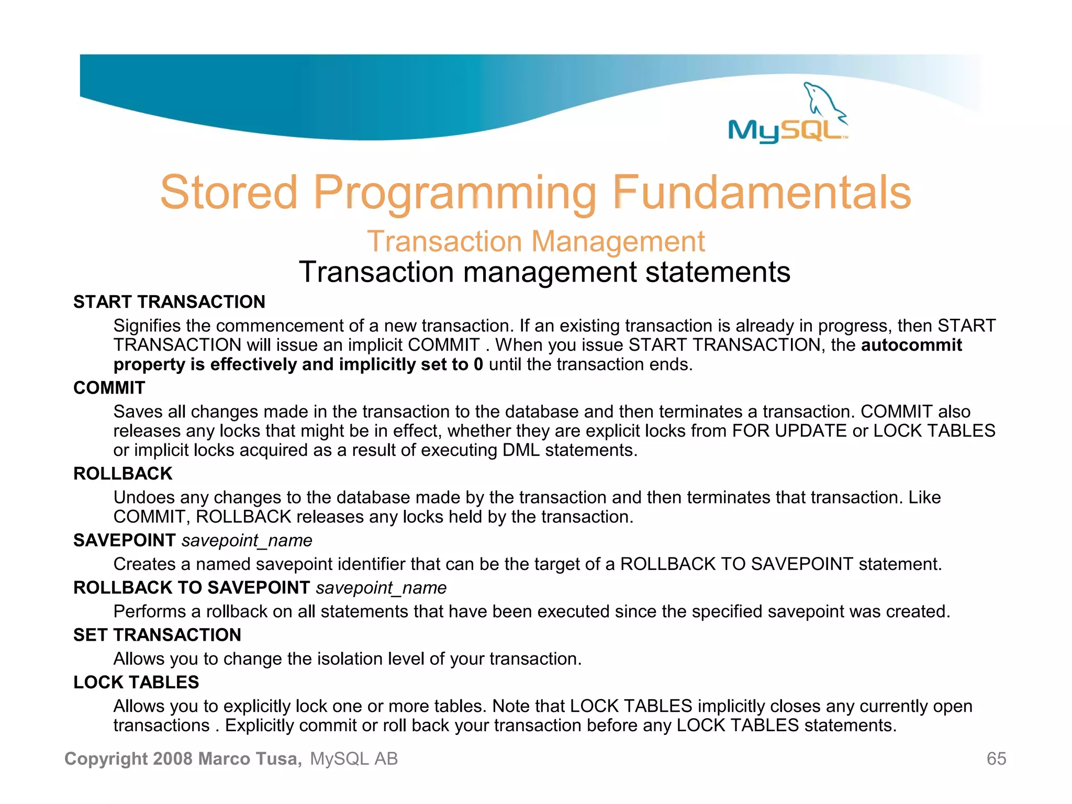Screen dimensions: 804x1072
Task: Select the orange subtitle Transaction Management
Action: click(535, 241)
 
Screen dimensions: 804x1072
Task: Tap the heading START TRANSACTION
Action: click(169, 302)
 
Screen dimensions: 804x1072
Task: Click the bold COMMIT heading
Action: click(109, 388)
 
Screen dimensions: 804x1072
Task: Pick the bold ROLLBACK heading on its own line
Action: click(122, 474)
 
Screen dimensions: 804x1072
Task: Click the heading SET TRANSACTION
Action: click(157, 635)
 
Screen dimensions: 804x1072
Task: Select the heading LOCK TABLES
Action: click(136, 683)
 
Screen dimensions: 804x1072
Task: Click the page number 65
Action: click(996, 758)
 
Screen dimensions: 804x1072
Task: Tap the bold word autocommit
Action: click(911, 345)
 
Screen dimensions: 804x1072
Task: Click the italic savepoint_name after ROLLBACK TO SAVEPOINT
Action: click(381, 588)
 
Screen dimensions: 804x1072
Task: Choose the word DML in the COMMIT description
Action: click(521, 450)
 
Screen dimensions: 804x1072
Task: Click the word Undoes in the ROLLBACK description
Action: click(144, 497)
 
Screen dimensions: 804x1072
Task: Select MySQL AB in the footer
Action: click(354, 758)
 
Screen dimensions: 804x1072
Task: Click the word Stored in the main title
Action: click(229, 193)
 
